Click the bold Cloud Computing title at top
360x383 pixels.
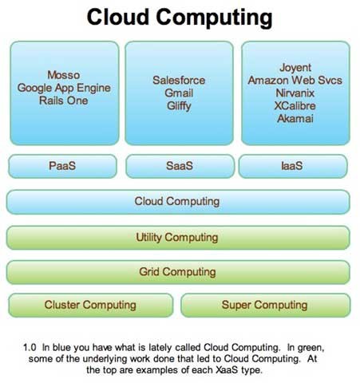coord(180,18)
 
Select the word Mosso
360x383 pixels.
coord(64,75)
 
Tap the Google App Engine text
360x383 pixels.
coord(64,88)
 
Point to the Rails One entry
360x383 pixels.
coord(64,101)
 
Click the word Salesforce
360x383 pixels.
coord(179,81)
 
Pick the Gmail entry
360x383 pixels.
coord(179,93)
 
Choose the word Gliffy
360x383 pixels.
coord(179,106)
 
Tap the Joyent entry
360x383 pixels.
coord(295,68)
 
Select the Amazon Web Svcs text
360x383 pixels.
coord(295,81)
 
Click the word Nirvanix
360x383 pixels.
coord(295,93)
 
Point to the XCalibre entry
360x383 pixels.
coord(295,106)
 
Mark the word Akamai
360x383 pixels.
coord(295,119)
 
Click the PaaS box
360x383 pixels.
coord(62,166)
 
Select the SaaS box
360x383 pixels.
coord(180,166)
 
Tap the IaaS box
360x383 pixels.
coord(293,166)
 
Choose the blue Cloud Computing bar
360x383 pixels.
coord(178,202)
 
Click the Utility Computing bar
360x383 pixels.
coord(178,238)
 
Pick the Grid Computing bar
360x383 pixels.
coord(178,272)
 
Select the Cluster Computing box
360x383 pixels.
coord(91,305)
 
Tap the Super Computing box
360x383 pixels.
coord(266,305)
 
